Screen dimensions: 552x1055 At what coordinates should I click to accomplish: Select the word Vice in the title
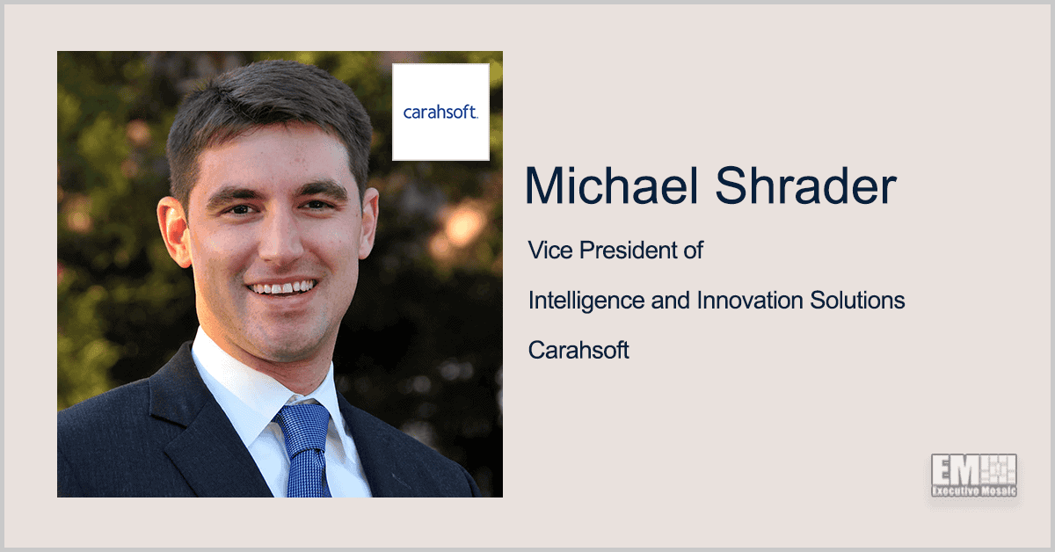(547, 251)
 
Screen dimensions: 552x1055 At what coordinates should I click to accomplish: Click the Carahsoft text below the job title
(578, 351)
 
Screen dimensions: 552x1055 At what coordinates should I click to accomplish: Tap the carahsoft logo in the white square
(440, 112)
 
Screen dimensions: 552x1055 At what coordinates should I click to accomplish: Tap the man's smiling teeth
(281, 288)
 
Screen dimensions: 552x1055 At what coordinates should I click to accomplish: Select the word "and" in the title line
(673, 301)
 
